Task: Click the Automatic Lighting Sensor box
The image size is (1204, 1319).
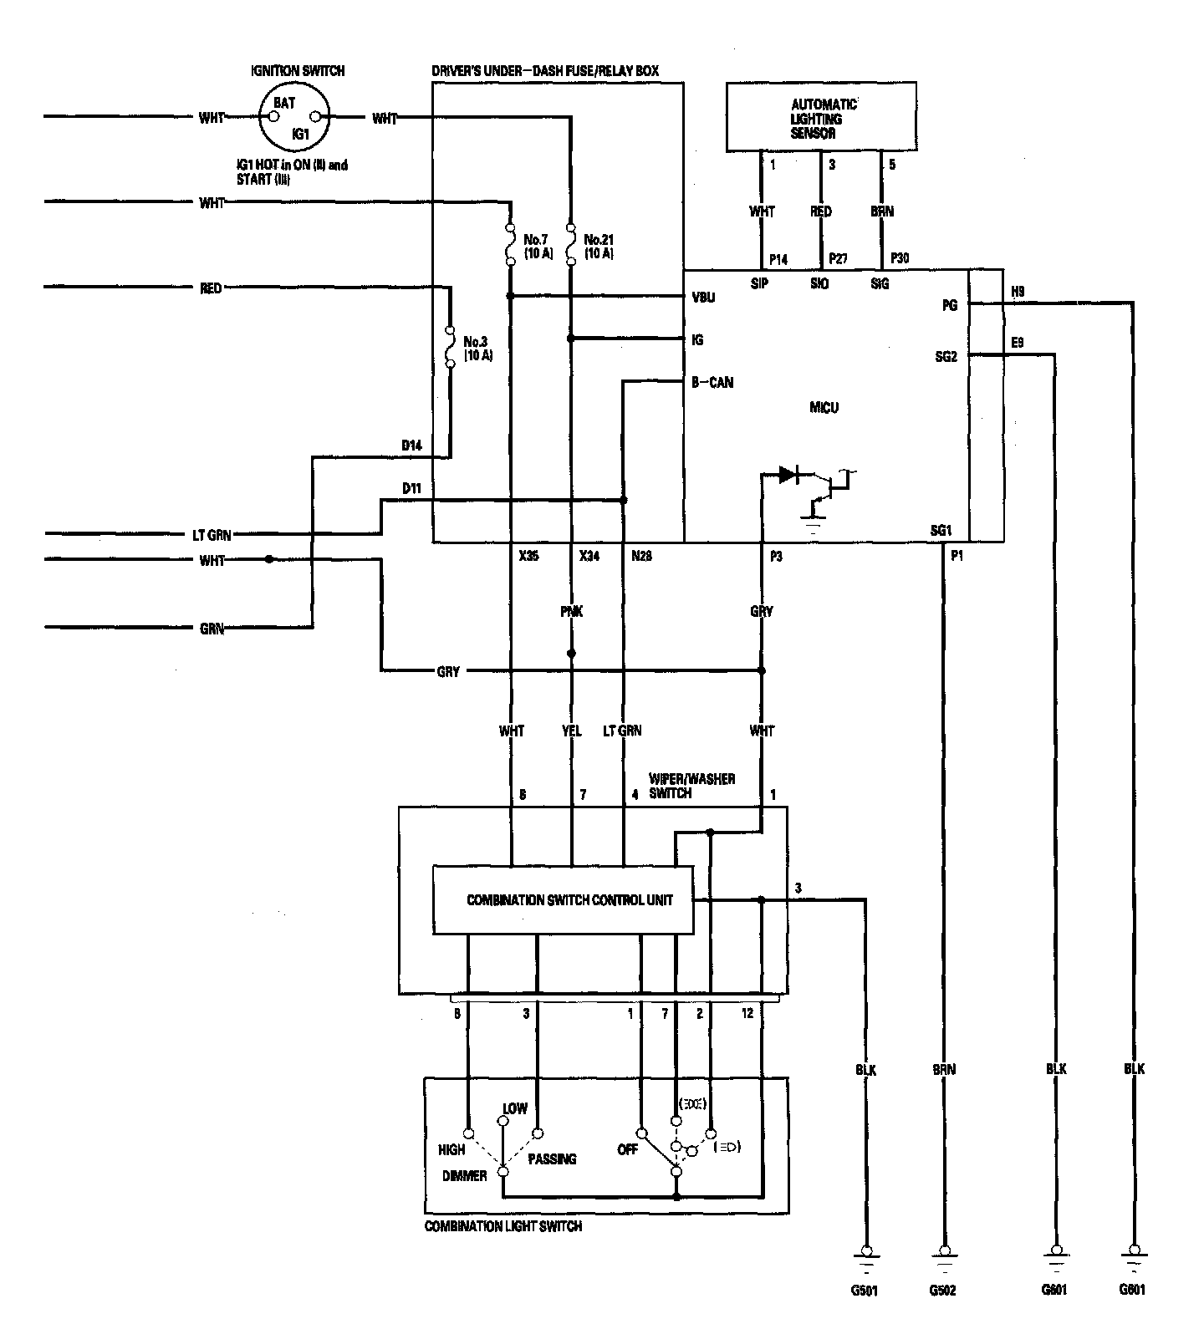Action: tap(821, 116)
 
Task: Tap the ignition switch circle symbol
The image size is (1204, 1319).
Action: tap(293, 117)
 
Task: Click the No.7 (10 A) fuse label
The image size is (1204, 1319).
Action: tap(538, 246)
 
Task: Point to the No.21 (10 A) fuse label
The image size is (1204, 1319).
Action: tap(599, 246)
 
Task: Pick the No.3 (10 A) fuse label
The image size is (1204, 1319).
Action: tap(478, 348)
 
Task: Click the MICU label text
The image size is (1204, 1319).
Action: tap(824, 408)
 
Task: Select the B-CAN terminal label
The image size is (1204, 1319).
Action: tap(712, 383)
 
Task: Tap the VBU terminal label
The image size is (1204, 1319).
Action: tap(703, 298)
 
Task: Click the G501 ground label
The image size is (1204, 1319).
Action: tap(865, 1290)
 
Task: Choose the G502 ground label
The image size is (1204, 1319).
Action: tap(943, 1290)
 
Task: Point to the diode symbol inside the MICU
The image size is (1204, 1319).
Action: tap(788, 475)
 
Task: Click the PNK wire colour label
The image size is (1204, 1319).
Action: tap(572, 612)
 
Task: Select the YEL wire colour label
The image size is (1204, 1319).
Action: tap(572, 731)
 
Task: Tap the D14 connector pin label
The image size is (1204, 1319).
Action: tap(411, 446)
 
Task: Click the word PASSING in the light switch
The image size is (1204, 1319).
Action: tap(552, 1159)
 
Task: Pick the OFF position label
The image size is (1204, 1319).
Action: tap(627, 1150)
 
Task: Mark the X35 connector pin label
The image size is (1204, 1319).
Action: tap(528, 555)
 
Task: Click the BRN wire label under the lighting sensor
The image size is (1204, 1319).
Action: tap(882, 211)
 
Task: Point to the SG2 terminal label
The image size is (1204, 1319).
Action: tap(946, 356)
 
